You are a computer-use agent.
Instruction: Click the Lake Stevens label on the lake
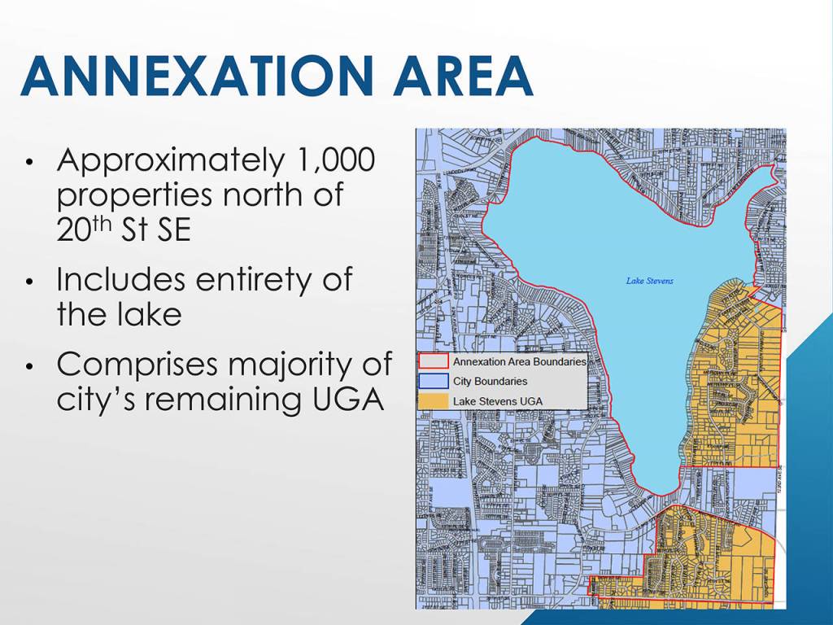649,282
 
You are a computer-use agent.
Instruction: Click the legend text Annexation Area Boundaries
519,362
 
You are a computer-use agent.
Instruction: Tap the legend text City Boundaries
490,381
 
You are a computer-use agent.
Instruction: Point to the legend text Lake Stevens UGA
498,400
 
